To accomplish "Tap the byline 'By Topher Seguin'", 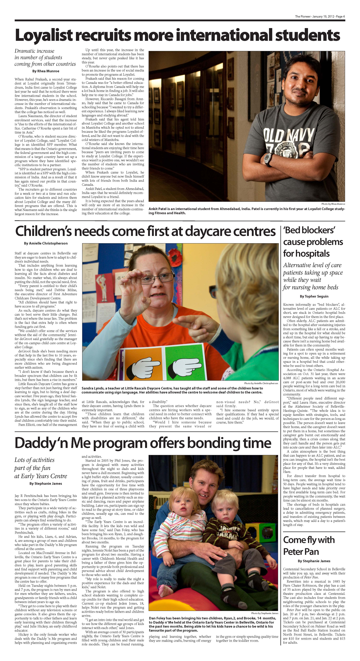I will point(314,296).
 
